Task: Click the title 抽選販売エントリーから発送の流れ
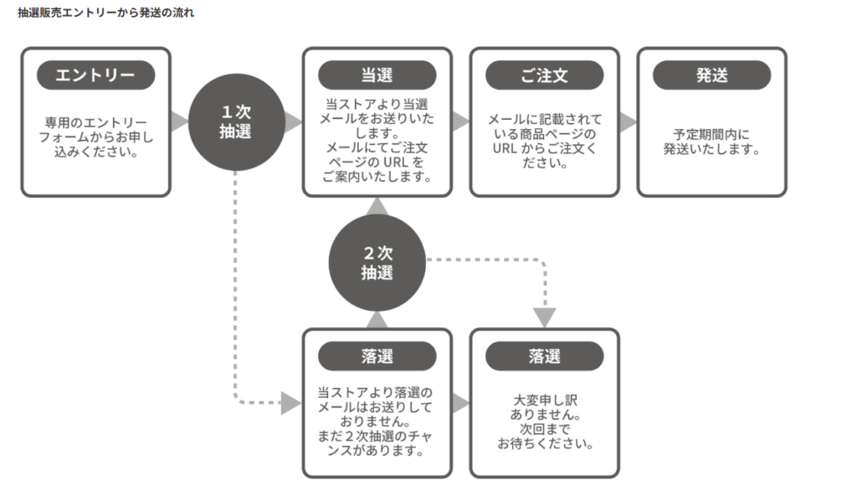pyautogui.click(x=105, y=13)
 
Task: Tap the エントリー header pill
pyautogui.click(x=95, y=75)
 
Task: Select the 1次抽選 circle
pyautogui.click(x=235, y=121)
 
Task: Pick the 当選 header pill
pyautogui.click(x=377, y=75)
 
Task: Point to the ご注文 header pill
pyautogui.click(x=544, y=75)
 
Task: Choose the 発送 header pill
pyautogui.click(x=711, y=75)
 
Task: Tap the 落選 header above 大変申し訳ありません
pyautogui.click(x=544, y=356)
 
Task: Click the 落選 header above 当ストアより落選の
pyautogui.click(x=377, y=356)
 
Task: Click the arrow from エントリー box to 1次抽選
pyautogui.click(x=179, y=121)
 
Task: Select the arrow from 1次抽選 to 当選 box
pyautogui.click(x=293, y=121)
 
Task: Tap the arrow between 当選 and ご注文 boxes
pyautogui.click(x=460, y=121)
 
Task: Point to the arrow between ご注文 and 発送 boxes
pyautogui.click(x=628, y=121)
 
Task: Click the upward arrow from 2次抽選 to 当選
pyautogui.click(x=377, y=206)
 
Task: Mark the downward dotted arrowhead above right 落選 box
pyautogui.click(x=545, y=317)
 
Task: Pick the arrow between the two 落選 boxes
pyautogui.click(x=460, y=403)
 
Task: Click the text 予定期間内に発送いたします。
pyautogui.click(x=711, y=142)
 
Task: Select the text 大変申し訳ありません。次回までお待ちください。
pyautogui.click(x=545, y=422)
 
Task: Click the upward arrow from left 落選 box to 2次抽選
pyautogui.click(x=377, y=319)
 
